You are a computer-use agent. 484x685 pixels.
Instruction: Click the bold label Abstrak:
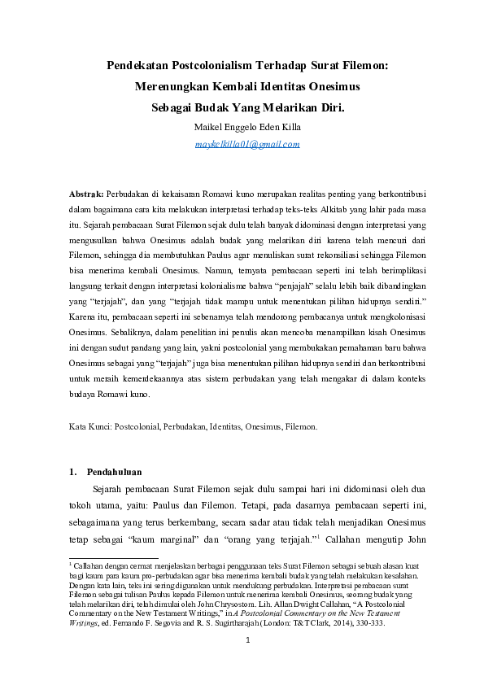tap(86, 195)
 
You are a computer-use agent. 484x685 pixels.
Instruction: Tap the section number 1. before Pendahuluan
tap(72, 471)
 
